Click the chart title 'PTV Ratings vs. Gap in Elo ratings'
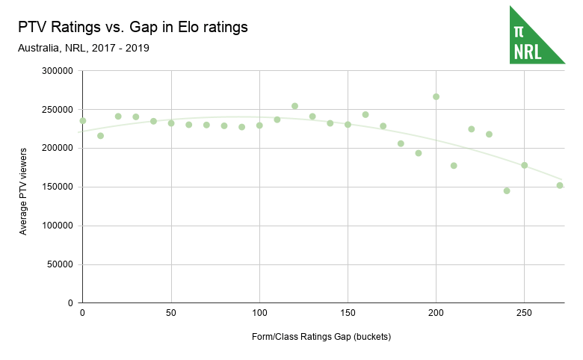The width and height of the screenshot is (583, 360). point(132,28)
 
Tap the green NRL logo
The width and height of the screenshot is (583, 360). point(537,34)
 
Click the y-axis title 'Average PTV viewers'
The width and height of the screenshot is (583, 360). point(23,187)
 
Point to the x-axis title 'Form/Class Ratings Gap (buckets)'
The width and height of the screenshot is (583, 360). point(321,337)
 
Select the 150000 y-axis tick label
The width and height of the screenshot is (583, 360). point(56,187)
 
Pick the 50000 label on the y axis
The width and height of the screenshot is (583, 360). point(58,264)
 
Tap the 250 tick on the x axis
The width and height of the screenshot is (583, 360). point(524,312)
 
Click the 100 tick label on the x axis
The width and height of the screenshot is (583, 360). point(259,312)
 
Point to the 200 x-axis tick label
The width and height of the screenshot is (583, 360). point(436,312)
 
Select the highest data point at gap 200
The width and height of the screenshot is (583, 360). point(436,96)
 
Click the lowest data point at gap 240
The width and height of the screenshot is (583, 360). point(507,190)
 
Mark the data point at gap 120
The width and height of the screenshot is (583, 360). point(294,106)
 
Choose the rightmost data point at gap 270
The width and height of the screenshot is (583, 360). point(560,185)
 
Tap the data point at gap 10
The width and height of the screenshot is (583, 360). point(100,136)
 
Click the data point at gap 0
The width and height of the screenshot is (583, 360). point(83,121)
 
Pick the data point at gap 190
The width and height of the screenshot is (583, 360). point(419,153)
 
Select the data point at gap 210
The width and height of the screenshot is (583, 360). point(454,166)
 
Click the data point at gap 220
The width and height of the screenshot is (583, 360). point(472,129)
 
